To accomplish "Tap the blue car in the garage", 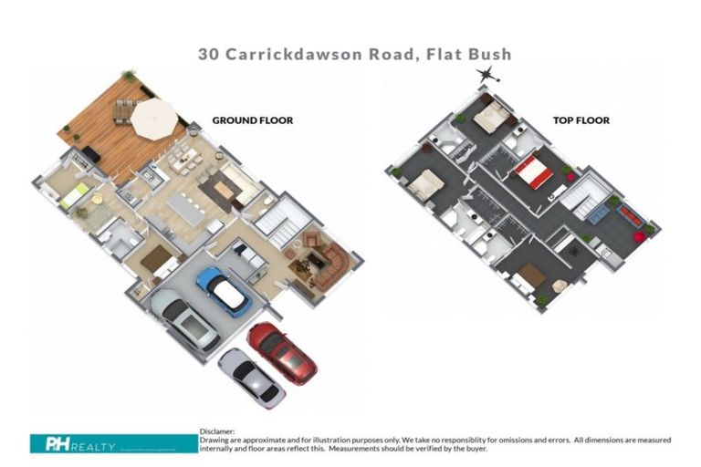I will point(223,290).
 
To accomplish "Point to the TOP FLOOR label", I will point(581,119).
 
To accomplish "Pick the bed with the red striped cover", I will point(531,171).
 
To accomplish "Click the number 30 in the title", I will point(209,54).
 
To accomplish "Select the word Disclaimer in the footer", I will point(216,431).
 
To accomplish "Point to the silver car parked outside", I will point(251,378).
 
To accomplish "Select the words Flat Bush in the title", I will point(470,54).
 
